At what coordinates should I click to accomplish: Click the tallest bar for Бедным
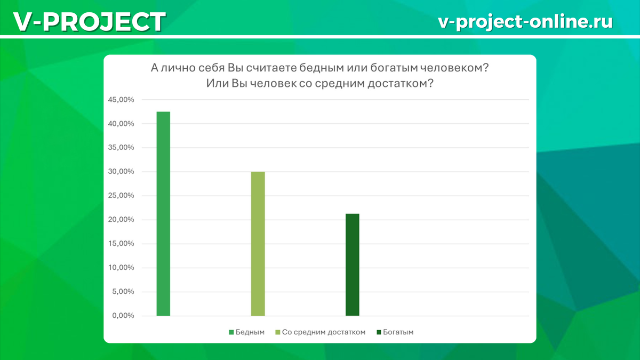(163, 214)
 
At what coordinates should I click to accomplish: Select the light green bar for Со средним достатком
(258, 244)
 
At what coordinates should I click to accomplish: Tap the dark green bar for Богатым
(353, 265)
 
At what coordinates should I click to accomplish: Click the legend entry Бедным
(247, 332)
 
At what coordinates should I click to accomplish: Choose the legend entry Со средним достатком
(321, 332)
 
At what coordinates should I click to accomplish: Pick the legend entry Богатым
(395, 332)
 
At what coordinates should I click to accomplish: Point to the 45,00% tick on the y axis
(121, 100)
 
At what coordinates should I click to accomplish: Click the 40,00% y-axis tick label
(121, 124)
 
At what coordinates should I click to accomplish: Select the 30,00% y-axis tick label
(121, 171)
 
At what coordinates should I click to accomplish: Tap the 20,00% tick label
(121, 219)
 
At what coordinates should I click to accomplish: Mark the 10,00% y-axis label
(121, 267)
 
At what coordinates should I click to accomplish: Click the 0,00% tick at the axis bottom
(123, 315)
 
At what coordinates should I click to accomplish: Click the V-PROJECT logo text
(90, 22)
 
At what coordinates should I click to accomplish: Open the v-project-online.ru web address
(525, 22)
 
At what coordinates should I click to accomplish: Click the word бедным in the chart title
(322, 68)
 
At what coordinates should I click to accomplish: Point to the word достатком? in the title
(401, 83)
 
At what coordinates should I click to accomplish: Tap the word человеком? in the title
(455, 68)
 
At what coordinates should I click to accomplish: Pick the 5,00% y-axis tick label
(123, 291)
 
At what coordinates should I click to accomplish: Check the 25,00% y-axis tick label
(121, 195)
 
